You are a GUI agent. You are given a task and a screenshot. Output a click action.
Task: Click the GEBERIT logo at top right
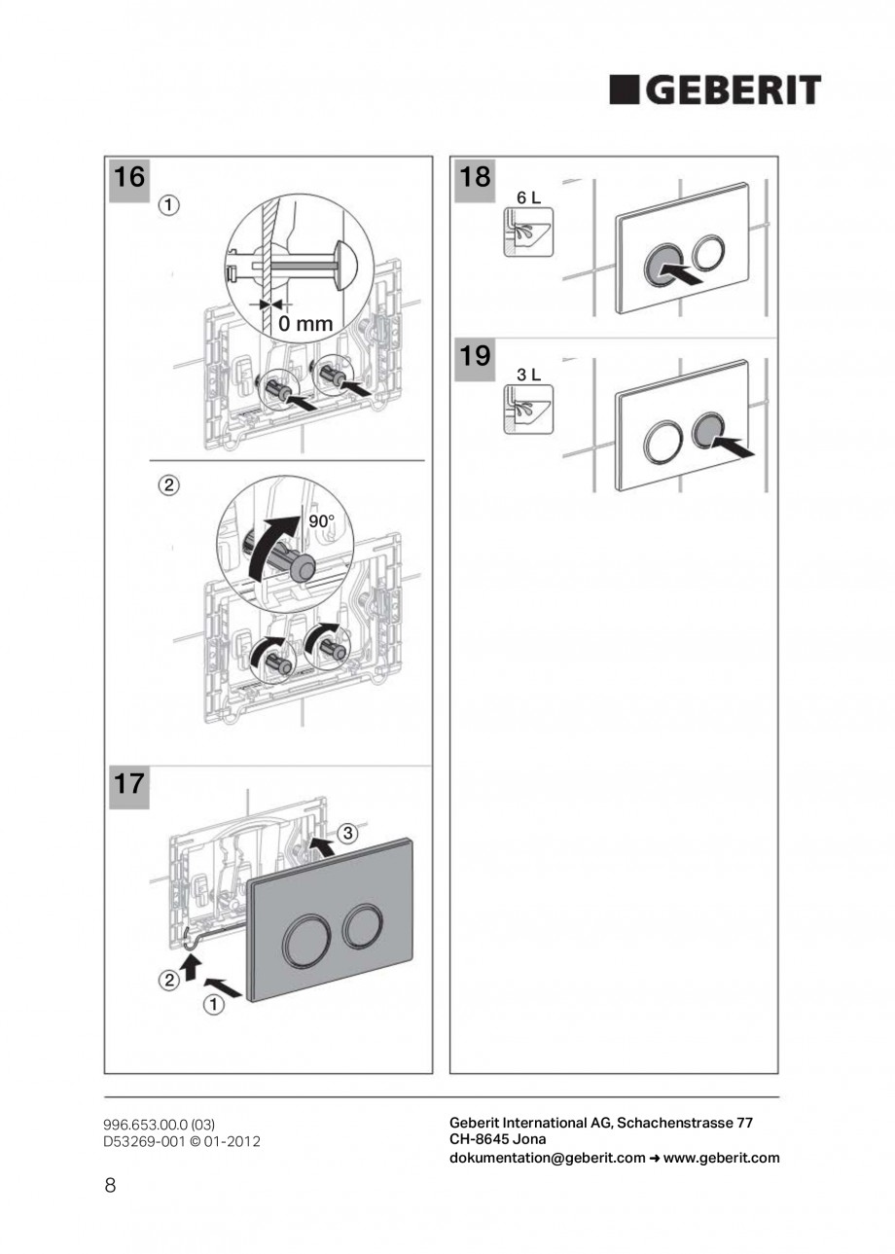(x=715, y=90)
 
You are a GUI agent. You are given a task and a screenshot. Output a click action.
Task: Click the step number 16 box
(x=128, y=178)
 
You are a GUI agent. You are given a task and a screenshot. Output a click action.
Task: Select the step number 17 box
(x=128, y=785)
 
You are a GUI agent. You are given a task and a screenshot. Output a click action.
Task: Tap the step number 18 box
(x=474, y=178)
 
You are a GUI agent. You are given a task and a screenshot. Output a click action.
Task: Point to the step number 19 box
(x=474, y=356)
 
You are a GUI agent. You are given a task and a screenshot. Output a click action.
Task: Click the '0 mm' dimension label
(x=304, y=324)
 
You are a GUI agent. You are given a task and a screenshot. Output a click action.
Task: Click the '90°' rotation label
(x=321, y=521)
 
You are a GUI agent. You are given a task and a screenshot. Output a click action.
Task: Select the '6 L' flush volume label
(x=528, y=197)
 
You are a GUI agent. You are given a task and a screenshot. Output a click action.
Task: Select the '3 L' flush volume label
(x=528, y=375)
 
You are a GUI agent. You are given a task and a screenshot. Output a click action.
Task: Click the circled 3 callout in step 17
(x=348, y=833)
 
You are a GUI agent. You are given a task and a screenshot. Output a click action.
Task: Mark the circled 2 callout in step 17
(x=168, y=982)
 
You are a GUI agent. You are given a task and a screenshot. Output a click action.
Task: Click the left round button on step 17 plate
(x=304, y=939)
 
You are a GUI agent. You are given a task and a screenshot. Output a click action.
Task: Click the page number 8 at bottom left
(x=110, y=1185)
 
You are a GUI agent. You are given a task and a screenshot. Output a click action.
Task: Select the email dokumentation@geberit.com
(x=547, y=1158)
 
